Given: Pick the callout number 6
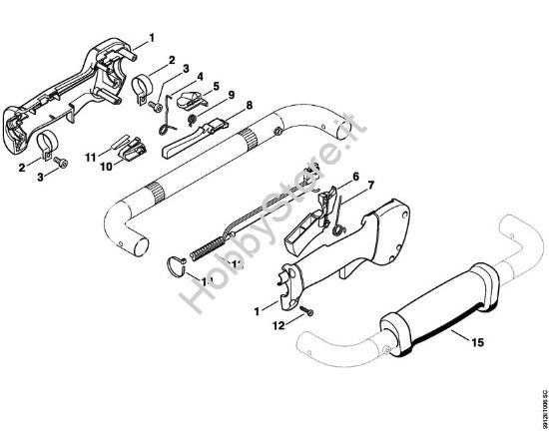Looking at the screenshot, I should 354,177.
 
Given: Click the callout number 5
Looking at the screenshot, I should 215,86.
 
